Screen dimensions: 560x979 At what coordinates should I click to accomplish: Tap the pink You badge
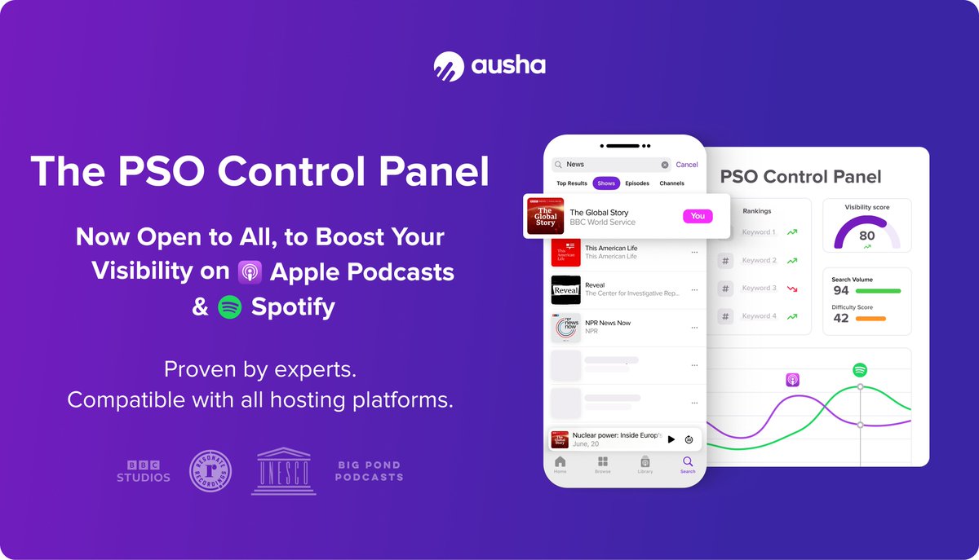tap(698, 216)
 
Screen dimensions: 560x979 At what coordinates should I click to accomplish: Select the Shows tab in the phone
tap(606, 183)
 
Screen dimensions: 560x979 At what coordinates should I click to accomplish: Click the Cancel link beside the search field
tap(687, 165)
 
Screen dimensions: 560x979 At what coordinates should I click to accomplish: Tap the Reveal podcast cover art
tap(565, 289)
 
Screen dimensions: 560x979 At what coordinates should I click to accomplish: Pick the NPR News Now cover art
tap(565, 328)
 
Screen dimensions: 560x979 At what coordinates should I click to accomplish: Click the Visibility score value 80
tap(866, 236)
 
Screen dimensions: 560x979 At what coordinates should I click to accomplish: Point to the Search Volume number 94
tap(840, 290)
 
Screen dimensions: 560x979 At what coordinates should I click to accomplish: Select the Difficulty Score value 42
tap(840, 318)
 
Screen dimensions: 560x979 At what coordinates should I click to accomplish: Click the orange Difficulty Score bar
tap(871, 318)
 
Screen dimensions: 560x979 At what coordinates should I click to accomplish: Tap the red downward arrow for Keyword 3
tap(791, 289)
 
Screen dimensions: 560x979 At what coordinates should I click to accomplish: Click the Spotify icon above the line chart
tap(860, 370)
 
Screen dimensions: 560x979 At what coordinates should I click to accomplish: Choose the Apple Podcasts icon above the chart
tap(792, 380)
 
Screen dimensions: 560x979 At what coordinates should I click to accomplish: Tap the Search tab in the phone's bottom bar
tap(688, 465)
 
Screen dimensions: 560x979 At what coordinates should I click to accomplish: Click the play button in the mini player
tap(671, 439)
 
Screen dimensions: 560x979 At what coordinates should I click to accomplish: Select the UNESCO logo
tap(286, 470)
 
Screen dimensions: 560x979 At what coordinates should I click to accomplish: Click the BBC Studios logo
tap(143, 471)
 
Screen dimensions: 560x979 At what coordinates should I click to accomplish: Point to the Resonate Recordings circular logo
tap(211, 470)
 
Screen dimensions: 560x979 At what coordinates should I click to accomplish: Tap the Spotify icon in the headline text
tap(230, 307)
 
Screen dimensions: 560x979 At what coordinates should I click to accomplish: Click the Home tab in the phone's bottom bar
tap(560, 465)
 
